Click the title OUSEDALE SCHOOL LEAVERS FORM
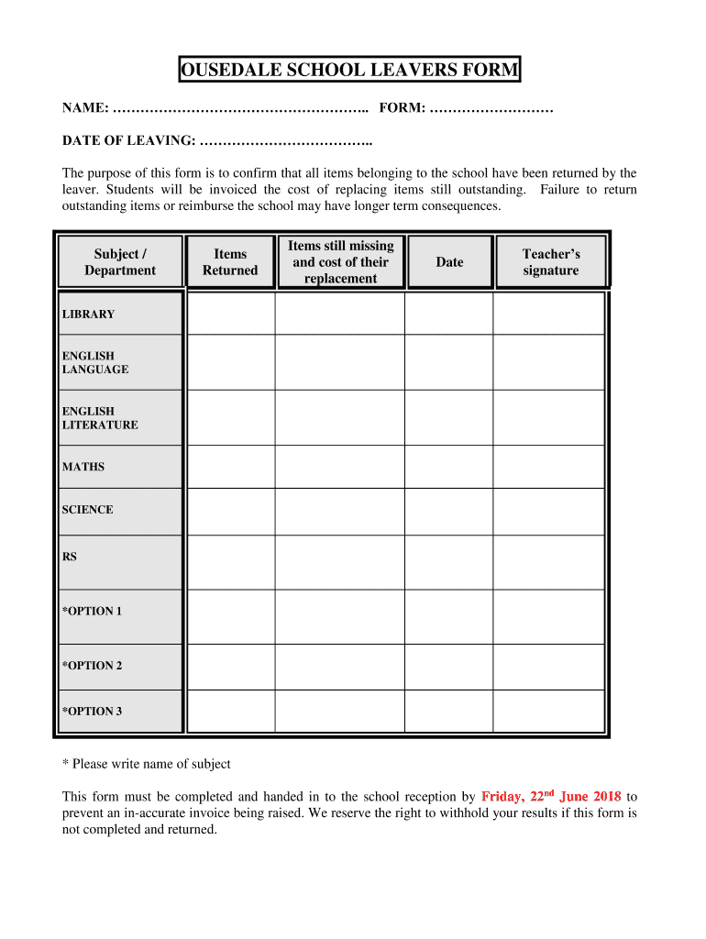pos(348,70)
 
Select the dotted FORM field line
pos(491,109)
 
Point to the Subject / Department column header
pos(120,262)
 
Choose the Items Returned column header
pos(230,262)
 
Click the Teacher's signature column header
pos(550,262)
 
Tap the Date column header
pos(449,262)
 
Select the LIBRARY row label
pos(89,315)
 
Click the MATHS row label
pos(83,467)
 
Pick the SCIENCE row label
pos(88,510)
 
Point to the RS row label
pos(70,556)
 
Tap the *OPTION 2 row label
pos(92,666)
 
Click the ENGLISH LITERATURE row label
pos(100,418)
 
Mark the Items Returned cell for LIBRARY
pos(231,314)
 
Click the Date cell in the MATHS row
pos(448,467)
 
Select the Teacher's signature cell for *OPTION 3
pos(548,711)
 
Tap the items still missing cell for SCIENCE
pos(339,511)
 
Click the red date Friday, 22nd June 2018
pos(551,797)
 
